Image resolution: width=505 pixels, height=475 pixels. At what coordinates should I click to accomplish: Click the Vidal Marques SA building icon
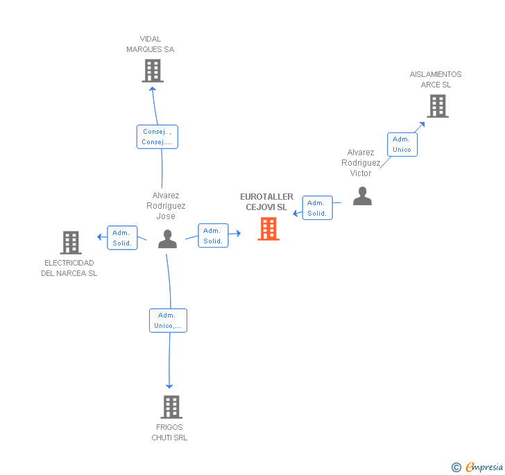[x=152, y=71]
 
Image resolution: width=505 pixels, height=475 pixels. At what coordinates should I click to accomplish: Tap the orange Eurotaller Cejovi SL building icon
[x=268, y=229]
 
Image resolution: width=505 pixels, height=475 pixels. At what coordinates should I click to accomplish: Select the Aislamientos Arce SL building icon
[x=437, y=106]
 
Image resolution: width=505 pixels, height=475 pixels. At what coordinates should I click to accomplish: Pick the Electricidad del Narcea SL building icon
[x=71, y=243]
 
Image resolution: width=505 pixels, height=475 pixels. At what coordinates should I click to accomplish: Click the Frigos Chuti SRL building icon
[x=171, y=407]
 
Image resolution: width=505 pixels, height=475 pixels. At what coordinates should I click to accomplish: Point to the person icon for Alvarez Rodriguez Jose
[x=167, y=239]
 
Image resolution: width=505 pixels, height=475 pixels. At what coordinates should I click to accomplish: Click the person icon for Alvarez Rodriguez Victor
[x=362, y=197]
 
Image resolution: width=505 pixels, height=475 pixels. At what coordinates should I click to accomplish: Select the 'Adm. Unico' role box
[x=402, y=144]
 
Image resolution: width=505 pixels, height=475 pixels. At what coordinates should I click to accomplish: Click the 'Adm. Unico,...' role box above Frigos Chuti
[x=168, y=320]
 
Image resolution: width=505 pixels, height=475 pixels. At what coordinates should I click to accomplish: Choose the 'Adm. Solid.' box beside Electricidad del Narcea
[x=122, y=238]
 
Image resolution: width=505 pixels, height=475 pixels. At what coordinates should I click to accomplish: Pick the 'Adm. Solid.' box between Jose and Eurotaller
[x=212, y=236]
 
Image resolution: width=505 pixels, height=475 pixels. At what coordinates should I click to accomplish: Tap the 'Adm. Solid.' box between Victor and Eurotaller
[x=317, y=208]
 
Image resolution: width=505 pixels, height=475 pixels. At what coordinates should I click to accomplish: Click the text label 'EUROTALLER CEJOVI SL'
[x=267, y=202]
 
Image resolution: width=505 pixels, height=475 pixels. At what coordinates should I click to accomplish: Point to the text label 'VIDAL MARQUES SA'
[x=151, y=44]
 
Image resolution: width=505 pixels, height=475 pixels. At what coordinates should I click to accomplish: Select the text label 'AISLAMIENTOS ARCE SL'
[x=436, y=80]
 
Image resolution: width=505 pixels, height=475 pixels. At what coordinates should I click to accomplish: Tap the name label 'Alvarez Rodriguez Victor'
[x=361, y=163]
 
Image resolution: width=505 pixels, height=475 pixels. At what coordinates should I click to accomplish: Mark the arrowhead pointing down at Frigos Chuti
[x=169, y=386]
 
